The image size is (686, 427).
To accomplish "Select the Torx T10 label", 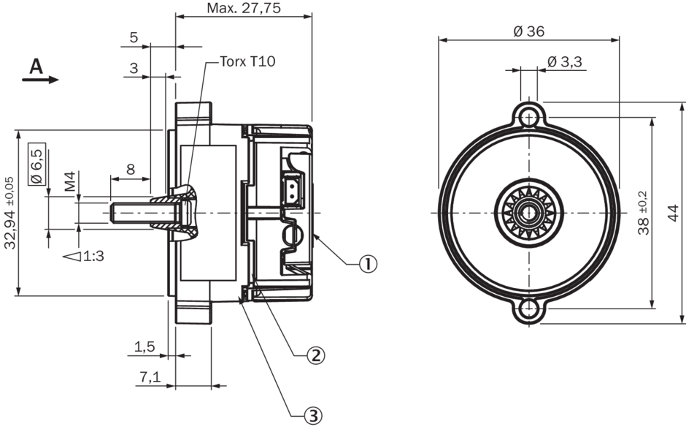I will tap(247, 62).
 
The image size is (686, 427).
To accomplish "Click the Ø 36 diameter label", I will tap(528, 31).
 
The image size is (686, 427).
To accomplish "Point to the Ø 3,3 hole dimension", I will tap(563, 61).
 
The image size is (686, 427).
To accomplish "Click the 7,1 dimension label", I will tap(150, 377).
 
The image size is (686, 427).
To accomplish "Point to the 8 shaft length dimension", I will tap(130, 169).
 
